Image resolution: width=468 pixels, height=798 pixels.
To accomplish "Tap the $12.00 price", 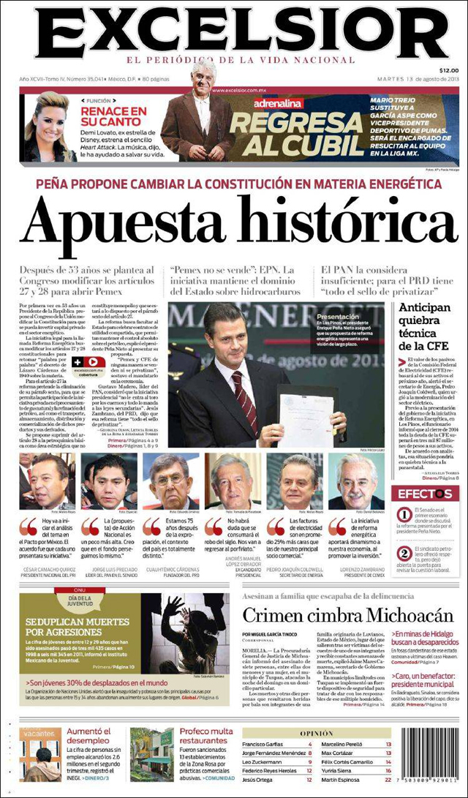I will pos(448,69).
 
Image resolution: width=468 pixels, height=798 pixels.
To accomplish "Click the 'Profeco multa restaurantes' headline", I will pos(206,736).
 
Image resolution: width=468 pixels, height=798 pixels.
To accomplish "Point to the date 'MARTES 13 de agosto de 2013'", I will pos(417,79).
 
